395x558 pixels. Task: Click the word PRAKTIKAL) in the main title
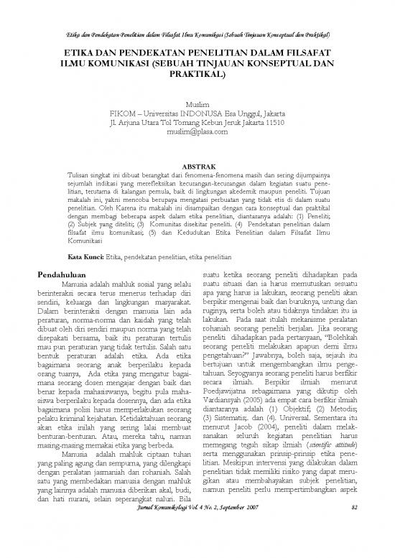coord(197,75)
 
